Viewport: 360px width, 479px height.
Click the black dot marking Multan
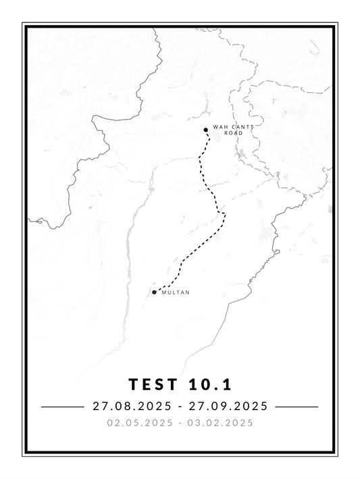click(x=155, y=293)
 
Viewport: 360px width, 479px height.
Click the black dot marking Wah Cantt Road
click(x=205, y=130)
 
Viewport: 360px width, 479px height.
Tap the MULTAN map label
click(x=176, y=293)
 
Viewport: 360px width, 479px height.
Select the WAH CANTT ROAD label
click(x=228, y=130)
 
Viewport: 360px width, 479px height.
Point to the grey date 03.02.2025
click(x=223, y=424)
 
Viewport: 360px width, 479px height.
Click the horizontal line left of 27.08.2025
click(x=60, y=407)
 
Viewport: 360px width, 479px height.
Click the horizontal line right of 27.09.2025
click(x=298, y=407)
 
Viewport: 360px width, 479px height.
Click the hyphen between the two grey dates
click(x=180, y=424)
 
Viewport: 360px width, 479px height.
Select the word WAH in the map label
click(x=217, y=127)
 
